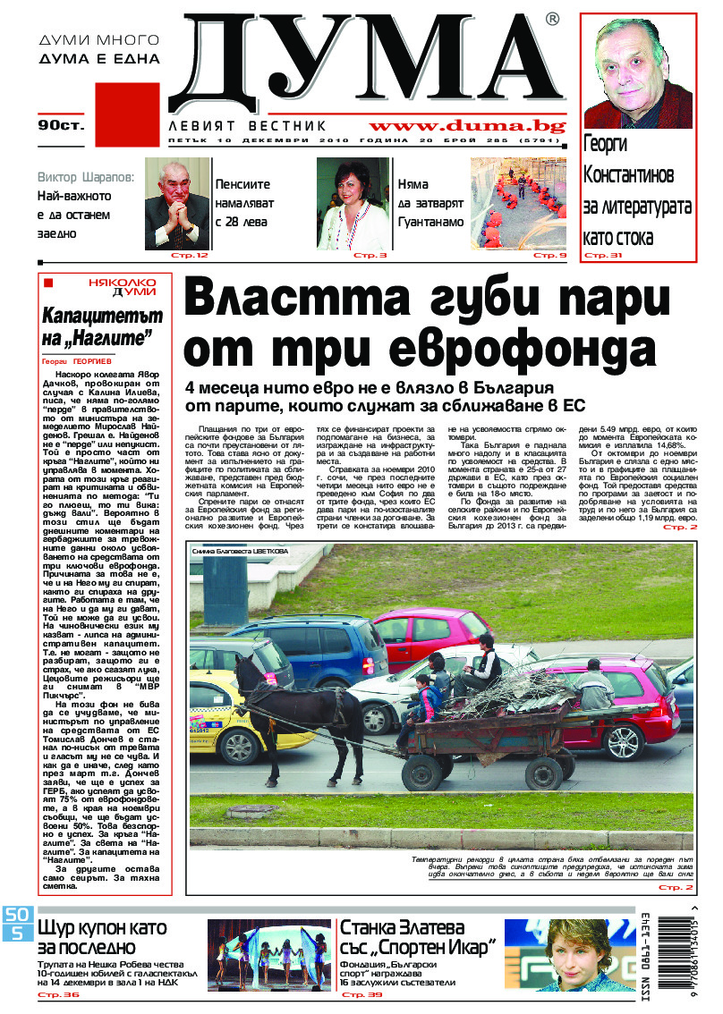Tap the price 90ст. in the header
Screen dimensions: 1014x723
pyautogui.click(x=61, y=125)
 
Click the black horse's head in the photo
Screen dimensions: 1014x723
pyautogui.click(x=253, y=694)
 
